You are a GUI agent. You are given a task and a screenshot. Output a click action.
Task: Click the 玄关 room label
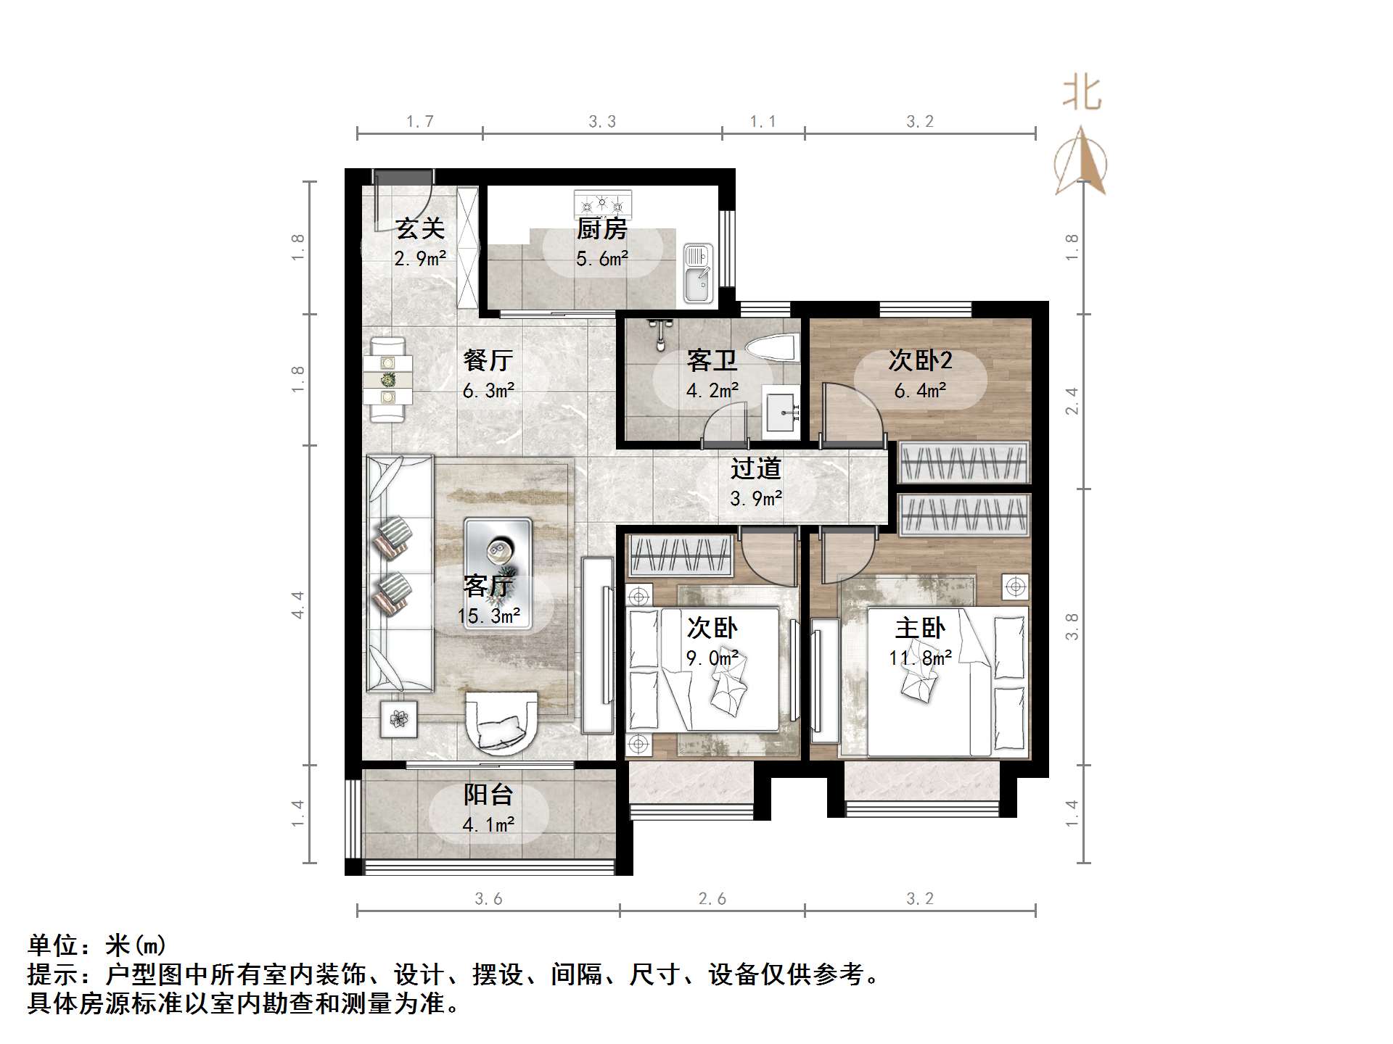coord(420,229)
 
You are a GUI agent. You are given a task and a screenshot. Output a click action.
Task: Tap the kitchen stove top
coord(602,203)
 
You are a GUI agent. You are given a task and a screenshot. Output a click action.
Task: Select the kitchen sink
coord(698,274)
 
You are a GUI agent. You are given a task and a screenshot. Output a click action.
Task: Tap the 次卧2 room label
coord(920,360)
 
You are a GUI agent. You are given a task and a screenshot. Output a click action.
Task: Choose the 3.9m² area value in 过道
coord(756,499)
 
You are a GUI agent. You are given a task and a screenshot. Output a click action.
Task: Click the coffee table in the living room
coord(498,573)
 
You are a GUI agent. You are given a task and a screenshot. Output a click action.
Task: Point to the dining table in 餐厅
coord(388,379)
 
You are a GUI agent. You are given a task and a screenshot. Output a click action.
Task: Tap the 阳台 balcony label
coord(488,795)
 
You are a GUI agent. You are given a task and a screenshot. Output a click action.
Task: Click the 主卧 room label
coord(920,628)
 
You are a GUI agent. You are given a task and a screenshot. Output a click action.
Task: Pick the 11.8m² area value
coord(920,658)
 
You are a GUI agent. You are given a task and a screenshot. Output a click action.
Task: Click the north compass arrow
coord(1081,161)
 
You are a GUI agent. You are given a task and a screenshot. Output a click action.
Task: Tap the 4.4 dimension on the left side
coord(297,605)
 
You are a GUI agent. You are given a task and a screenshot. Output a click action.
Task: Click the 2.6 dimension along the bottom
coord(712,899)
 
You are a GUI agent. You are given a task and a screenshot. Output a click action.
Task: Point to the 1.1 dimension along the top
coord(763,122)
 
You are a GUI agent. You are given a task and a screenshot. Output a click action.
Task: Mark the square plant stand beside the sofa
coord(399,719)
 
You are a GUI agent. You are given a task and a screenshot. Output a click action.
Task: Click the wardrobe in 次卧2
coord(964,462)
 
